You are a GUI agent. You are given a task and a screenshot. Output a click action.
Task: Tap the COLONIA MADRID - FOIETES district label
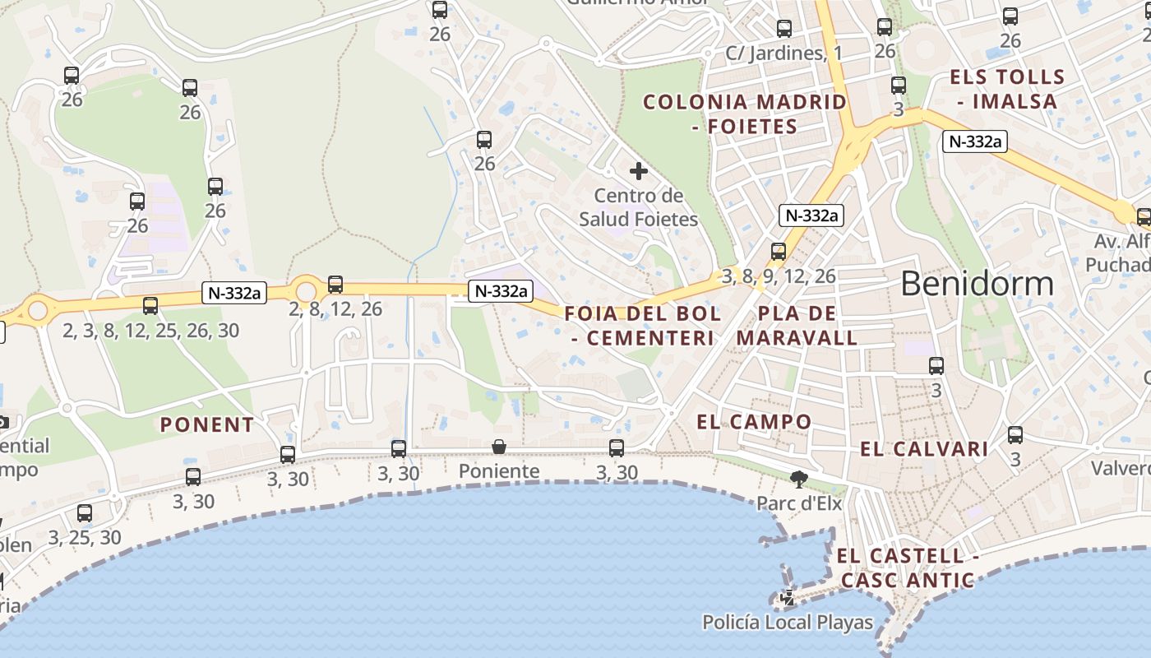(x=744, y=114)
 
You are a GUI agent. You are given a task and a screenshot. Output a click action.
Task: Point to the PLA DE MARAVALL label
(x=797, y=325)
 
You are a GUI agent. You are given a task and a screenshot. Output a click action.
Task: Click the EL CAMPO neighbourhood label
(x=754, y=422)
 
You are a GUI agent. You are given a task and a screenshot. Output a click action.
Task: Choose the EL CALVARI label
(x=924, y=449)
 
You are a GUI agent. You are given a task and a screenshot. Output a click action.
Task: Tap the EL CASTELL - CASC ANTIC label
(x=907, y=568)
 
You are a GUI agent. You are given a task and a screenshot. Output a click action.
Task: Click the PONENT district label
(x=206, y=424)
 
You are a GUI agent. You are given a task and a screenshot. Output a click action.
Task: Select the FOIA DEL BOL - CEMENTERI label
(x=642, y=325)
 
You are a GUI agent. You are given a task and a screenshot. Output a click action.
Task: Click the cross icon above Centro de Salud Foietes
(x=639, y=171)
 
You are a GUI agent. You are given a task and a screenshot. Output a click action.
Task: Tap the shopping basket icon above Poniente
(x=499, y=447)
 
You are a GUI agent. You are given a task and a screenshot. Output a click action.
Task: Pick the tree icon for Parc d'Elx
(x=797, y=479)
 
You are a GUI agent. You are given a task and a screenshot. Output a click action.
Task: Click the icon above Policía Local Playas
(x=788, y=597)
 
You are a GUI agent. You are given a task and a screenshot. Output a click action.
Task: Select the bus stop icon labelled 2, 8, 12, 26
(x=335, y=285)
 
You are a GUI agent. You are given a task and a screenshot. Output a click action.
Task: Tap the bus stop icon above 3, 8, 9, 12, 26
(x=779, y=252)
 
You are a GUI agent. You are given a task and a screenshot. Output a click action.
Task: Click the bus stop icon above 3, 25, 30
(x=85, y=513)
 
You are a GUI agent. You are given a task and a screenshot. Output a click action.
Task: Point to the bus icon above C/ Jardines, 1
(x=784, y=29)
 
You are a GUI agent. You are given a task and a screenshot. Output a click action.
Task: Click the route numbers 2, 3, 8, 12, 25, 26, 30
(x=151, y=331)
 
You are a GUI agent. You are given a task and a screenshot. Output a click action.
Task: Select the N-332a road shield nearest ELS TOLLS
(x=974, y=141)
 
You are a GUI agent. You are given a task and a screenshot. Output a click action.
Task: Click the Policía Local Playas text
(x=787, y=623)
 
